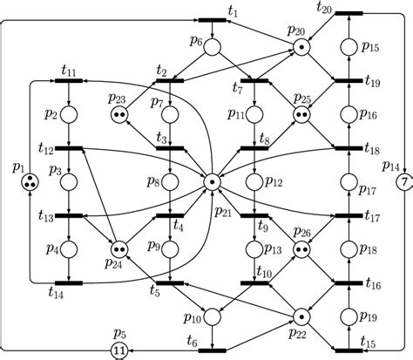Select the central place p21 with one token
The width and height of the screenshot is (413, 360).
point(211,182)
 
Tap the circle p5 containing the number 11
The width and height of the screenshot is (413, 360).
point(118,350)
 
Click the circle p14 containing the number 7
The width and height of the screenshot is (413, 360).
point(403,182)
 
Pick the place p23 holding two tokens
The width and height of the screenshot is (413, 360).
point(119,114)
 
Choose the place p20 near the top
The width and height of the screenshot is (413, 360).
point(301,47)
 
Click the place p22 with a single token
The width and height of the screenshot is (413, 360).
point(301,316)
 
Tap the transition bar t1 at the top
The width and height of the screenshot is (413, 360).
point(211,20)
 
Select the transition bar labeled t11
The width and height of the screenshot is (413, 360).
point(69,81)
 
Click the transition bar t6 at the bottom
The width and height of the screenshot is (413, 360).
point(211,350)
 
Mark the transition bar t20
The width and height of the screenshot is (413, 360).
point(348,13)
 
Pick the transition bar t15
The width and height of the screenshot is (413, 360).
point(348,350)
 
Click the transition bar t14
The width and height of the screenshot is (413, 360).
point(69,283)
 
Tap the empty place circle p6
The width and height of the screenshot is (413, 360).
point(211,47)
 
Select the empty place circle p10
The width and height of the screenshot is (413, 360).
point(211,316)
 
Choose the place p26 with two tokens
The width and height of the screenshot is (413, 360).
point(301,250)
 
